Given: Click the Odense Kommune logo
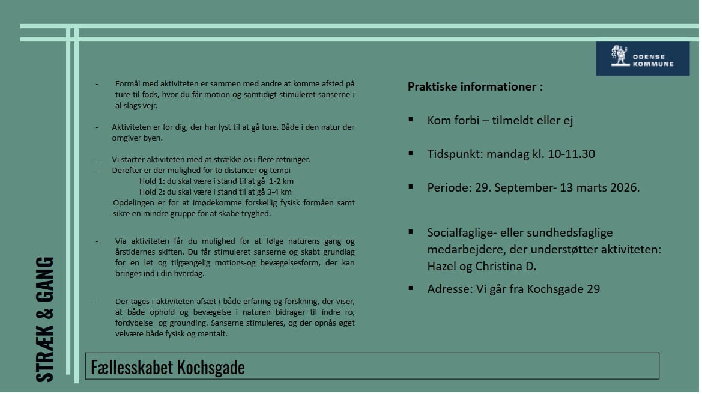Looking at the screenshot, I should [x=642, y=58].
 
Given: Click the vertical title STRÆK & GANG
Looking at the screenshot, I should [x=45, y=319].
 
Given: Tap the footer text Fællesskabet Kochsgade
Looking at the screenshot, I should [x=168, y=366].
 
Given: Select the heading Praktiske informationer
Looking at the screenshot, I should [x=474, y=86].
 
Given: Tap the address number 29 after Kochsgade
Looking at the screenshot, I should [x=593, y=289].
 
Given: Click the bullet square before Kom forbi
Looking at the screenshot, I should [x=411, y=120].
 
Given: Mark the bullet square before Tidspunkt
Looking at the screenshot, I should [x=411, y=153].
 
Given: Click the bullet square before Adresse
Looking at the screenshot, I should [x=411, y=288].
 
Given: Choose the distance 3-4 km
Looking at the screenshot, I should [x=280, y=192].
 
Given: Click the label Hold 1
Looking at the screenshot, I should [x=150, y=181].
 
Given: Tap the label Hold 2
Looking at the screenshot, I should [x=150, y=192].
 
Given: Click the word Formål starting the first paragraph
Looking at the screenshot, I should [x=128, y=83].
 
